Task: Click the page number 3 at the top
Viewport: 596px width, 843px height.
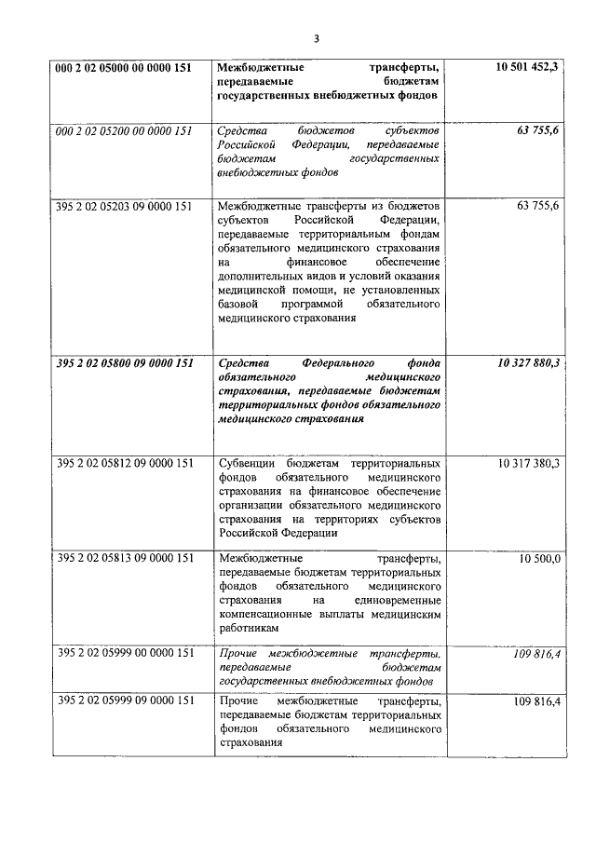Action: tap(316, 39)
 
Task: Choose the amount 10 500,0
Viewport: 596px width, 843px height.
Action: tap(540, 559)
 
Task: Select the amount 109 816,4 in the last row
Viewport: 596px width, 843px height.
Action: tap(535, 701)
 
